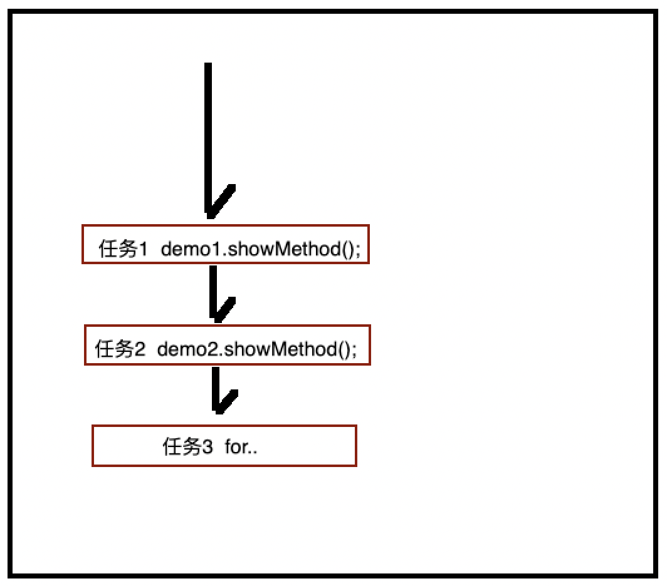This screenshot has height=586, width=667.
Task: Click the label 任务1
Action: click(x=123, y=249)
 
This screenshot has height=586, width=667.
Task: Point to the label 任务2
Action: click(x=120, y=349)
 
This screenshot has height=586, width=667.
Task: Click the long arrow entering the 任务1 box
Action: click(x=209, y=138)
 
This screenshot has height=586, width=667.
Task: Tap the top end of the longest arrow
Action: click(x=208, y=65)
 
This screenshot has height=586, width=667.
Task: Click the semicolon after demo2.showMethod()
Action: click(x=354, y=350)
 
